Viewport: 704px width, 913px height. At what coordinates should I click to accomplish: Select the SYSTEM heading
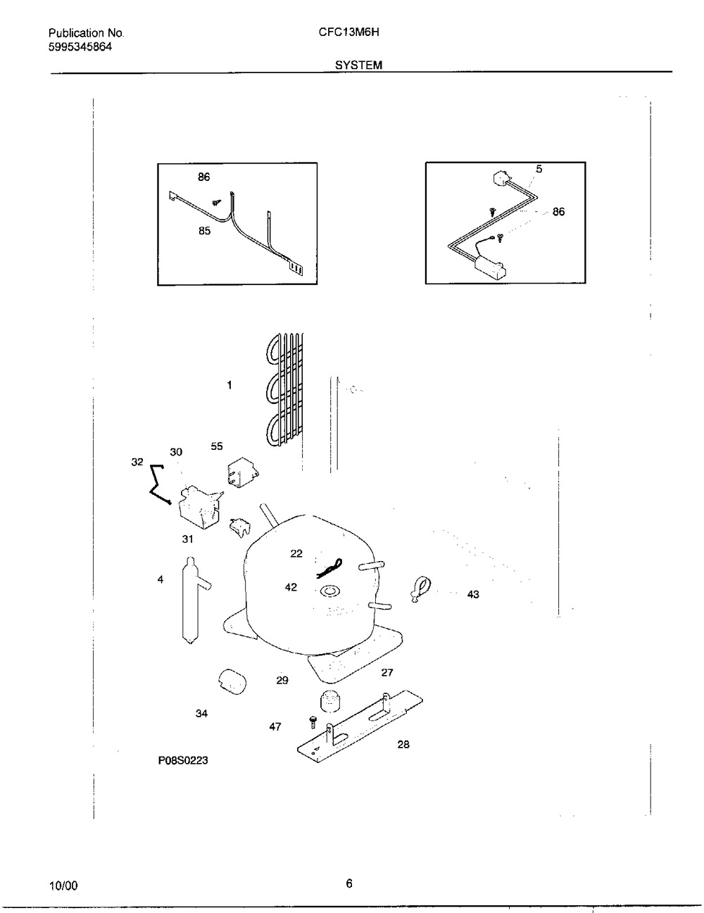(x=358, y=65)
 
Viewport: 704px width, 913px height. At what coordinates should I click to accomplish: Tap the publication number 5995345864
(x=80, y=47)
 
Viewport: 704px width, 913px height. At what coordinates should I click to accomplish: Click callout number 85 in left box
(x=204, y=231)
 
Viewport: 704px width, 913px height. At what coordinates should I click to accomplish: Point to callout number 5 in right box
(x=539, y=169)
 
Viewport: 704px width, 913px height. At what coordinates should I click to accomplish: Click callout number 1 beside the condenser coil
(x=230, y=385)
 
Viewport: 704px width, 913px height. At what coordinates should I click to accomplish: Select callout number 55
(x=217, y=446)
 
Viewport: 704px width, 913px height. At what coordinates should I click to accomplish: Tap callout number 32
(x=137, y=462)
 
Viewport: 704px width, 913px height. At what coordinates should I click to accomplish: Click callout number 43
(x=472, y=595)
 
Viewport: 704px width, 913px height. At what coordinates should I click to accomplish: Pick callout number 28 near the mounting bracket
(x=403, y=744)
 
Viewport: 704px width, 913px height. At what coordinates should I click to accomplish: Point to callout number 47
(x=275, y=726)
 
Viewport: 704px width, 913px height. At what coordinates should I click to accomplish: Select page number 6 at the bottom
(x=349, y=885)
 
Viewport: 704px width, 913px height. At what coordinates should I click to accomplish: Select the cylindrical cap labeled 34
(x=230, y=681)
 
